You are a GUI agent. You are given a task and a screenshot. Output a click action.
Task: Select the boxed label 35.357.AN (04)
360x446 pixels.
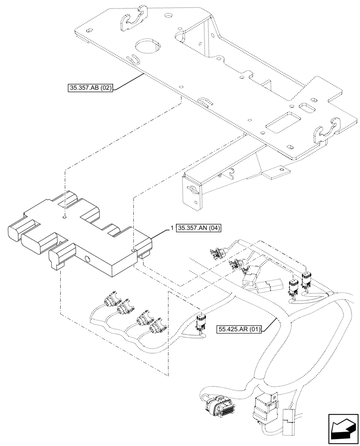click(x=199, y=228)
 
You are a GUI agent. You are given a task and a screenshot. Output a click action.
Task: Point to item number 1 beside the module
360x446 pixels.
click(x=172, y=228)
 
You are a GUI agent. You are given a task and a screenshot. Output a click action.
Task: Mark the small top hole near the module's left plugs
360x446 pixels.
click(x=65, y=217)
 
